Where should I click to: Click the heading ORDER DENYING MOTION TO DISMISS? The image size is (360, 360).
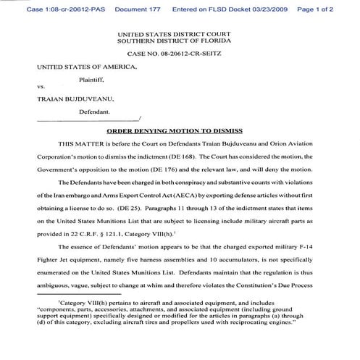[x=180, y=133]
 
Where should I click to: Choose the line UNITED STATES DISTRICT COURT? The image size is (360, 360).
[x=180, y=33]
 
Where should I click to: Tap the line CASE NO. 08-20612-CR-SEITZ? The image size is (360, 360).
[x=180, y=53]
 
